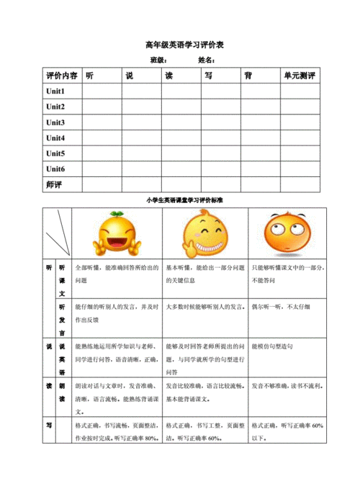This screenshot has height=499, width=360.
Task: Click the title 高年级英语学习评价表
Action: tap(179, 45)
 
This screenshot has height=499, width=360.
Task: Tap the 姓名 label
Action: tap(207, 60)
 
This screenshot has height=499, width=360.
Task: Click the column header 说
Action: tap(129, 76)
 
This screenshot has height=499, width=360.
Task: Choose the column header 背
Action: tap(248, 76)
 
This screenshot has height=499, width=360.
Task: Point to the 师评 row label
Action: tap(54, 184)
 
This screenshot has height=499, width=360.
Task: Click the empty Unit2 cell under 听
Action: tap(102, 107)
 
